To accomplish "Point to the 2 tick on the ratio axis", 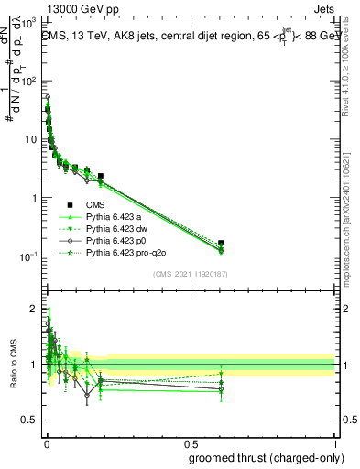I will coord(34,309).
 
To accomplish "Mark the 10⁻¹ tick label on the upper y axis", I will coord(28,256).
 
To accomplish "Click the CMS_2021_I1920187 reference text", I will coord(191,274).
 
